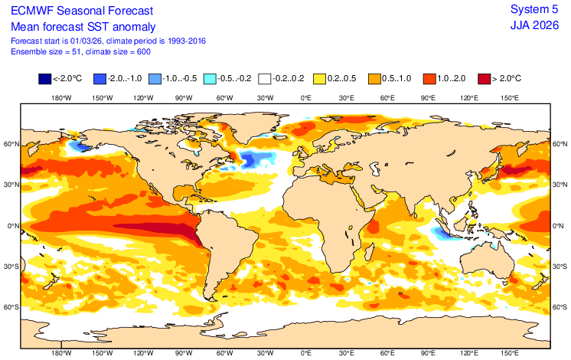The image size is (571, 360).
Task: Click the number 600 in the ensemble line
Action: pos(140,51)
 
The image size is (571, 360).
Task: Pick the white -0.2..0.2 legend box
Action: pos(265,79)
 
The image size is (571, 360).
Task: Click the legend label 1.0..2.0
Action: pos(456,79)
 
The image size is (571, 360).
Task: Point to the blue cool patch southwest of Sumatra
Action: pos(441,231)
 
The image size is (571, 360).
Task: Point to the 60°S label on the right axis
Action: pos(560,307)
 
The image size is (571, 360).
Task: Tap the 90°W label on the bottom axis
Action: pos(184,353)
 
